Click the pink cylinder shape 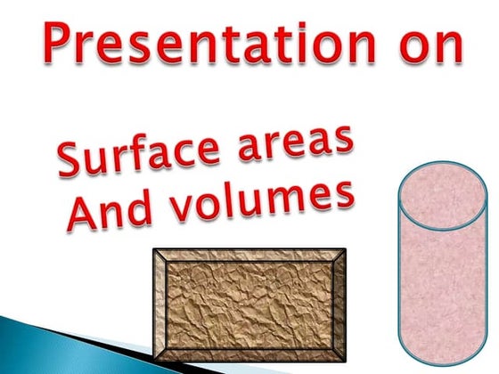tap(444, 267)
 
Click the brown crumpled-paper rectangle tap(250, 307)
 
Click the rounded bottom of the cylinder tap(444, 352)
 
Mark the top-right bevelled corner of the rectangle tap(339, 256)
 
